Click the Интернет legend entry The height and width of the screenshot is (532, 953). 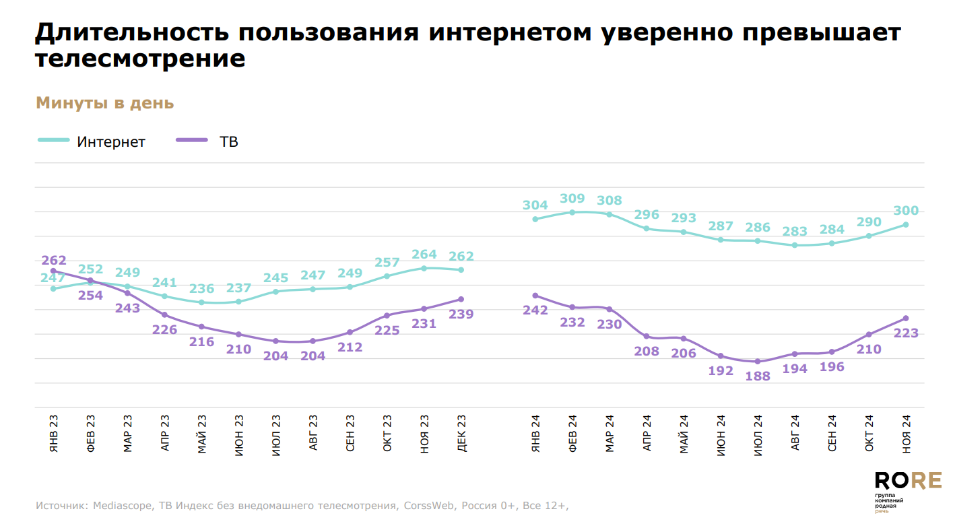click(111, 142)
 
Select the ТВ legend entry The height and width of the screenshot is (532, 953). click(228, 142)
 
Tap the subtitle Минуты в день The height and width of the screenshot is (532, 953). click(104, 103)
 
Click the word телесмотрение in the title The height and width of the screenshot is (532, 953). click(139, 59)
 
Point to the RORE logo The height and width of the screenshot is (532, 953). click(907, 480)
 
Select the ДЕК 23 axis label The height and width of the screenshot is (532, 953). click(461, 434)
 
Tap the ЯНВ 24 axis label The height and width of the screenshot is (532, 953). click(535, 434)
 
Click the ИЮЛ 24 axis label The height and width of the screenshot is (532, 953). click(758, 434)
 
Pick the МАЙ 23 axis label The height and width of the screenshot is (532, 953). click(202, 434)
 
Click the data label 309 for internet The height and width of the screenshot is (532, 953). click(572, 199)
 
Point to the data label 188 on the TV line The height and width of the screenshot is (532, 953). click(758, 377)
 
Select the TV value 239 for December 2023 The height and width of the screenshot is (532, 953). click(461, 314)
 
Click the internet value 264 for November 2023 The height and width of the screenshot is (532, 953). click(424, 255)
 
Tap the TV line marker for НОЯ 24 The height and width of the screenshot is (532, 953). click(906, 318)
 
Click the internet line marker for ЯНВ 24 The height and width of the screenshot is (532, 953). click(535, 219)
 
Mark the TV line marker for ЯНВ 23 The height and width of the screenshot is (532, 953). click(53, 271)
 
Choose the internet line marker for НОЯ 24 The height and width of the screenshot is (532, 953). click(906, 225)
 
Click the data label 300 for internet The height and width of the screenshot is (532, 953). click(906, 211)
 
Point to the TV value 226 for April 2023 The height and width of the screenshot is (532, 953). click(164, 329)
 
